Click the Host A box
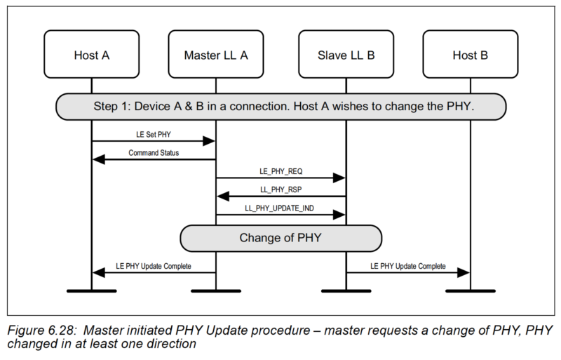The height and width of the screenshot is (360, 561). click(91, 54)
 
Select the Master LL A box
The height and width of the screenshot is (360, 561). click(215, 54)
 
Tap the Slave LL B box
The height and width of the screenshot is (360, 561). click(346, 54)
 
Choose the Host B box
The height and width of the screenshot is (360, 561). click(469, 54)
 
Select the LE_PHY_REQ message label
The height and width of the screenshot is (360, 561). click(280, 171)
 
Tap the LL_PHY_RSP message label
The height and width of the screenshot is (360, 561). click(280, 189)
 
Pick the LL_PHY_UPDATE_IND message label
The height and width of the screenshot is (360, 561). click(280, 207)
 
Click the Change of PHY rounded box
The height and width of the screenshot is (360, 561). click(280, 237)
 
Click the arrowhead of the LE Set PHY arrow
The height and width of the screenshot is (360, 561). click(209, 141)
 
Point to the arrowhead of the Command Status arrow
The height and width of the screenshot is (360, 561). click(98, 160)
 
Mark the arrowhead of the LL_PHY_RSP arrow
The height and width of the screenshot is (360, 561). click(222, 196)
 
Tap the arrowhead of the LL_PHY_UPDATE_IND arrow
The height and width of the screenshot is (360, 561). click(340, 215)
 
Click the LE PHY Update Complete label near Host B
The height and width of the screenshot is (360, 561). click(407, 267)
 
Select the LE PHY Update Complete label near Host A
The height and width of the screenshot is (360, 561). click(154, 267)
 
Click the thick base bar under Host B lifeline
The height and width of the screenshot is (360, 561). click(469, 290)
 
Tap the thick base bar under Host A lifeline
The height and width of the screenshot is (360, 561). click(91, 290)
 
